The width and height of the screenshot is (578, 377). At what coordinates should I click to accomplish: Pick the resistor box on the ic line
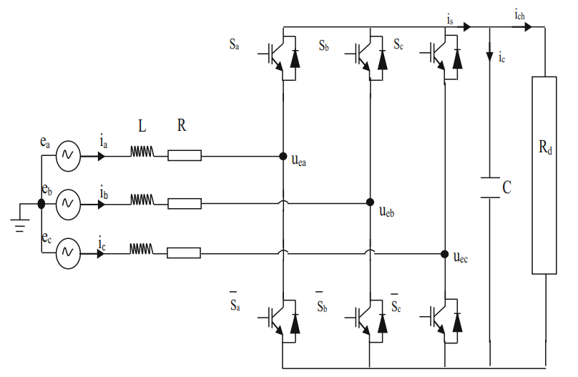(185, 252)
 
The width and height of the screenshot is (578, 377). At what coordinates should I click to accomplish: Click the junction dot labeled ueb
(371, 203)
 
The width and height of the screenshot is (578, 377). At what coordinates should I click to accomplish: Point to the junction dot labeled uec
(444, 252)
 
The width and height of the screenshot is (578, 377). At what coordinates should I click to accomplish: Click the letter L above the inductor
(142, 127)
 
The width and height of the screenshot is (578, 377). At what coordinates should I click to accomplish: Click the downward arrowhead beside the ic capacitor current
(490, 57)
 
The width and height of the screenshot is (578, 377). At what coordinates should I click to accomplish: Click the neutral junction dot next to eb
(41, 203)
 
